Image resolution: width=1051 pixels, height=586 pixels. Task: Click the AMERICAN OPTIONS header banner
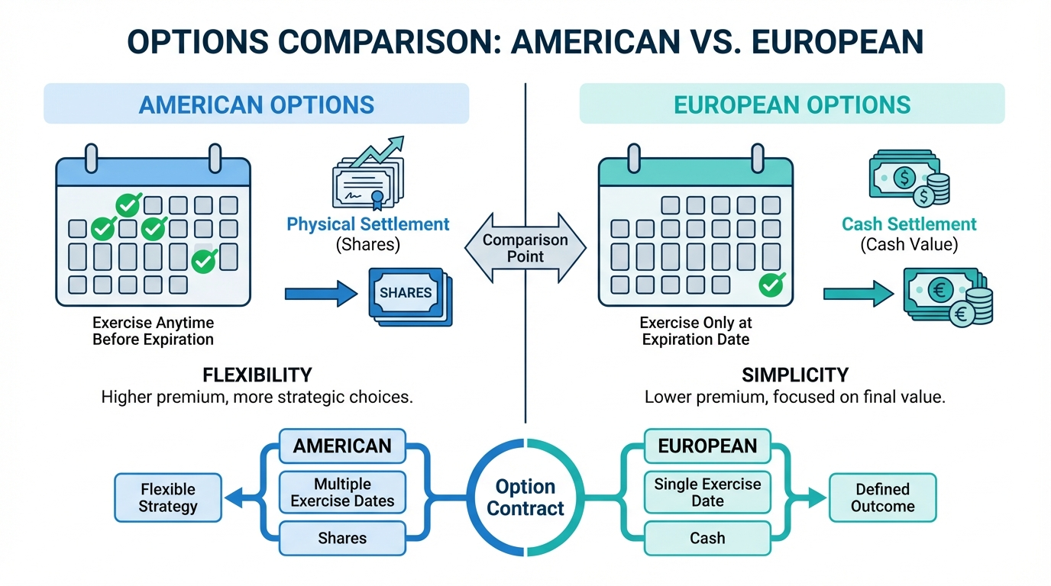256,104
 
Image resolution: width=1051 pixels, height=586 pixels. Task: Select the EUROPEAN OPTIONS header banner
792,104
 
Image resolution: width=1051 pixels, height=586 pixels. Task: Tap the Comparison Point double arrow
525,249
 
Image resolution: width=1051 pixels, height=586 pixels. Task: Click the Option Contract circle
525,497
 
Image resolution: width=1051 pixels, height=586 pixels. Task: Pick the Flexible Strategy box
168,497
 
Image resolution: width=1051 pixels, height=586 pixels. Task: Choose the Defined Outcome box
882,497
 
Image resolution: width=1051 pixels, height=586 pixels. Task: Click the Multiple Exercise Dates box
342,493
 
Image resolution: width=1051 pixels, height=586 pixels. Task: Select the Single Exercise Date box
707,492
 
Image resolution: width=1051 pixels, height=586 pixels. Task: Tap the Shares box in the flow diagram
342,538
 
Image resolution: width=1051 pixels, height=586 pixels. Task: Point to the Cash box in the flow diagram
707,538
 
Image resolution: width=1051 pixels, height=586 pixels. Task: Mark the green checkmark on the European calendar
771,285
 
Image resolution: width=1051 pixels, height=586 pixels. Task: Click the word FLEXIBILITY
257,375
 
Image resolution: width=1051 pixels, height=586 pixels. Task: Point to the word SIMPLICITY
795,375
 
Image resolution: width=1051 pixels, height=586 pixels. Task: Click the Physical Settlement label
368,224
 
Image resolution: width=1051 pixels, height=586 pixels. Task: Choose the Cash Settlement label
909,224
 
